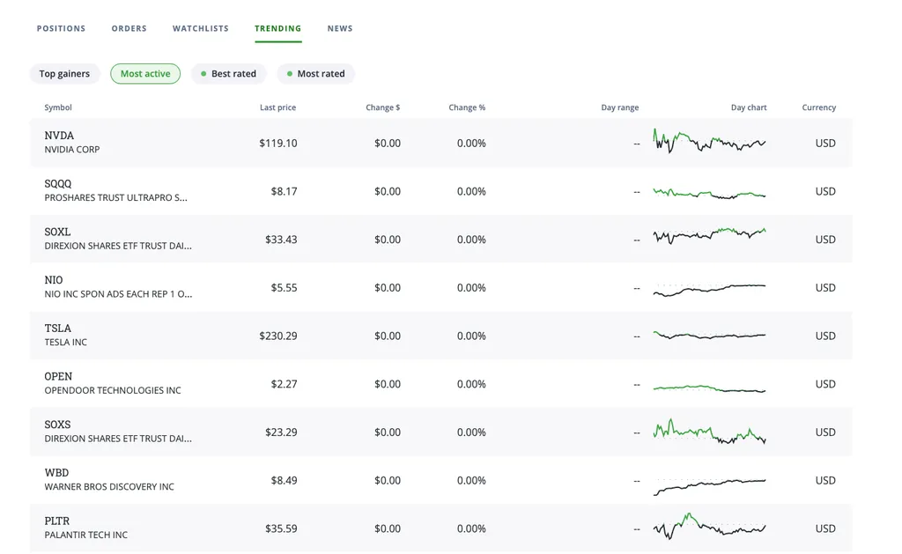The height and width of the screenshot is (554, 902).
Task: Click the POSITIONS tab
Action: [x=61, y=28]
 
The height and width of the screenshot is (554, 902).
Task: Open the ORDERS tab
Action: [x=129, y=28]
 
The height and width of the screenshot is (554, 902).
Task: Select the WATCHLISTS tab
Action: [x=200, y=28]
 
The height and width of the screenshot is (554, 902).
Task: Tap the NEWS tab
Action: [x=340, y=28]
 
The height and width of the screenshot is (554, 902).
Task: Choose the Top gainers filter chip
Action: [x=64, y=74]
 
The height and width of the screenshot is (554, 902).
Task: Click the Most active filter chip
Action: [x=145, y=74]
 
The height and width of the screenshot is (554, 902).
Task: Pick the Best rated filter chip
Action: [x=228, y=74]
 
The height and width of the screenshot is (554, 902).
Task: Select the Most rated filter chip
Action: [x=316, y=74]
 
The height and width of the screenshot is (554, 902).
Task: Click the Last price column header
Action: [x=277, y=107]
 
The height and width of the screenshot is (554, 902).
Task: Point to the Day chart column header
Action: [x=749, y=107]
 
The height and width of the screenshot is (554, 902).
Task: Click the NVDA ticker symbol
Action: [x=59, y=136]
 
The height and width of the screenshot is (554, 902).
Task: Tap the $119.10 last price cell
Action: [x=277, y=144]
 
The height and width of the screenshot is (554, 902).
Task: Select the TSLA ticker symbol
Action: [x=57, y=329]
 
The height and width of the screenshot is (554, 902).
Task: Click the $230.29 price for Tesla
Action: [x=277, y=336]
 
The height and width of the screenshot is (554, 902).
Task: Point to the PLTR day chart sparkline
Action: [x=709, y=526]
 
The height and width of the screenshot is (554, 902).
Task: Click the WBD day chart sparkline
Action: [x=709, y=486]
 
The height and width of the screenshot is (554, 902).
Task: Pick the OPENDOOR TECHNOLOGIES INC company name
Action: [x=113, y=391]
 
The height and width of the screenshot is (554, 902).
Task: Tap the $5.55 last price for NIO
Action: [x=285, y=288]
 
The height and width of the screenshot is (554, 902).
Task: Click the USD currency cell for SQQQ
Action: [x=825, y=192]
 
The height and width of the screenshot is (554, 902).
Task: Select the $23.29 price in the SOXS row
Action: [x=281, y=432]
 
